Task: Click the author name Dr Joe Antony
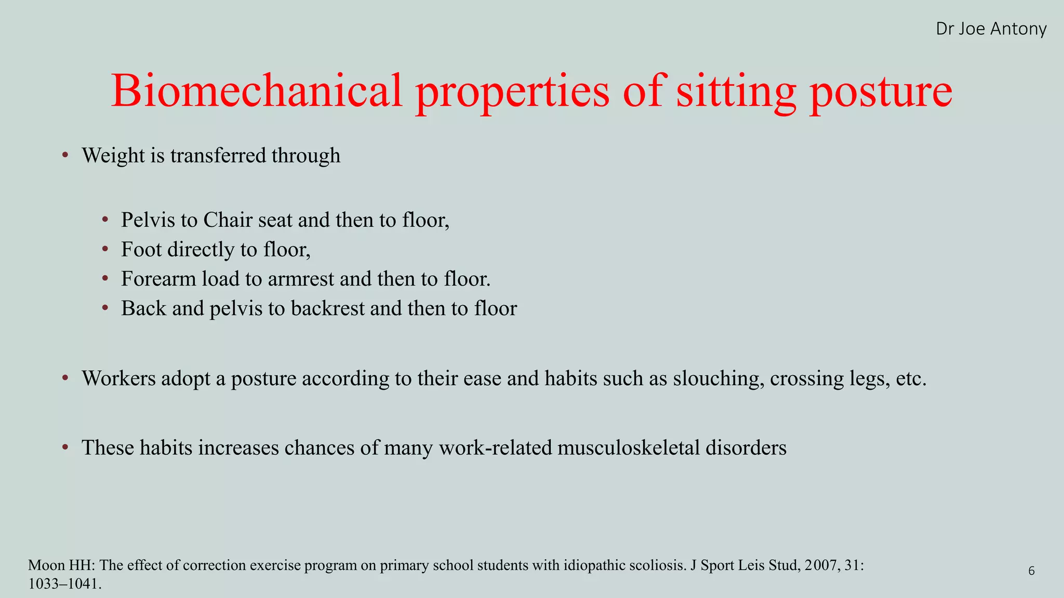tap(991, 29)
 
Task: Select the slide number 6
tap(1031, 571)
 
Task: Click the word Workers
tap(118, 378)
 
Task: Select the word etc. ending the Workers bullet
tap(912, 378)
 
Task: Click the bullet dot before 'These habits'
tap(65, 447)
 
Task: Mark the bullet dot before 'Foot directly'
tap(105, 249)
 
